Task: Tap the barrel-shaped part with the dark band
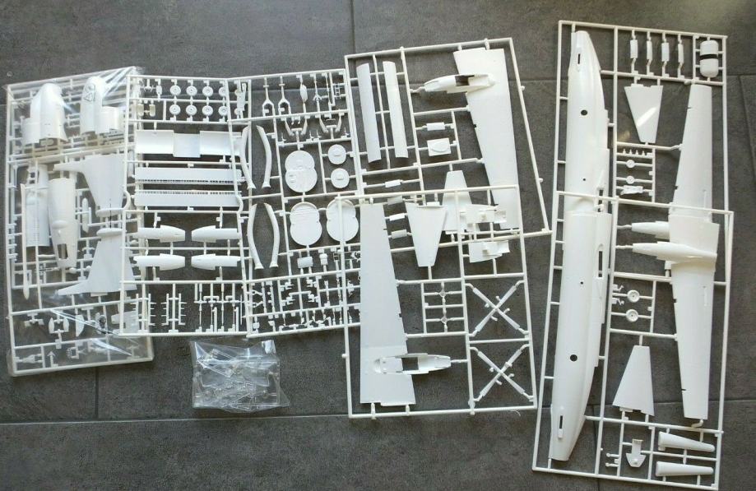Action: (x=708, y=59)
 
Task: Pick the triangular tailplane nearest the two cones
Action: (x=634, y=380)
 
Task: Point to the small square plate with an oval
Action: (x=438, y=146)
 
